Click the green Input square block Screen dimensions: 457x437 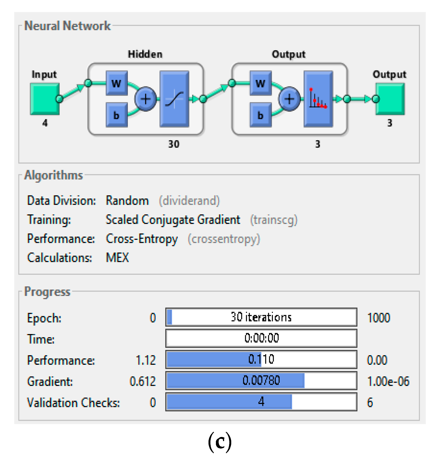(44, 99)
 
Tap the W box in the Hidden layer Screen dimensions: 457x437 (117, 83)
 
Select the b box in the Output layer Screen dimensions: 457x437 (261, 115)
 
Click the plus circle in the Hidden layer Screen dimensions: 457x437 (145, 99)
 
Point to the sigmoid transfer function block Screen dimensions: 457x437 (174, 99)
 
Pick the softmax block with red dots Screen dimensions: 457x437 (318, 99)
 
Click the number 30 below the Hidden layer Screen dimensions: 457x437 (174, 144)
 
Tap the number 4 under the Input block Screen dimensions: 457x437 (45, 123)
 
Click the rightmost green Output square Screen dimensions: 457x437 (390, 99)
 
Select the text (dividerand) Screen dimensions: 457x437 (189, 201)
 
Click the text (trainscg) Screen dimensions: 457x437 (274, 220)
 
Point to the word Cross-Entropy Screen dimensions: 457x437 (142, 239)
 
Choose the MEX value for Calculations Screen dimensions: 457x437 (117, 258)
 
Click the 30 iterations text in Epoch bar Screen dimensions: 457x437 (261, 317)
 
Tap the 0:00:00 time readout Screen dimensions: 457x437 (262, 338)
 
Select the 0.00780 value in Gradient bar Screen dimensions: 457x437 (261, 380)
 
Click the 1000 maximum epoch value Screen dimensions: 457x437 (378, 318)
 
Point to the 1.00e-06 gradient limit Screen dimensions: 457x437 (388, 381)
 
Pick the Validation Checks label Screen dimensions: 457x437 (73, 403)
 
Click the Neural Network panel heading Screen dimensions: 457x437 (67, 26)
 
